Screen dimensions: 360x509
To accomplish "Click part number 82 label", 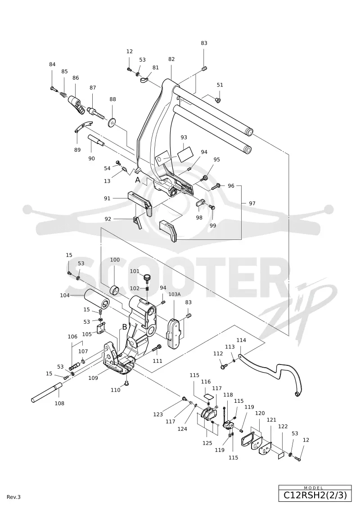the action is [x=171, y=59].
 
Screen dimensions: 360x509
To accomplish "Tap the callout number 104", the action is [x=65, y=295].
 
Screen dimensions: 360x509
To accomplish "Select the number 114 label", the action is [x=241, y=340].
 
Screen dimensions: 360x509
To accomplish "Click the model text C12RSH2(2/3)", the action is [x=315, y=495].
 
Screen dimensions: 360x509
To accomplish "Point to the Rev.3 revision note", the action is [x=13, y=497].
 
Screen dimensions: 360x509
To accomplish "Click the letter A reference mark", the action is [x=138, y=180].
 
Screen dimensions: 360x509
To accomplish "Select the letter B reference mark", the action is [x=124, y=327].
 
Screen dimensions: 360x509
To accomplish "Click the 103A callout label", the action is [x=174, y=294].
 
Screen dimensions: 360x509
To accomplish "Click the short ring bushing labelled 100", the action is [x=115, y=289].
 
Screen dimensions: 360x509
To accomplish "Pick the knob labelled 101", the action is [x=148, y=278].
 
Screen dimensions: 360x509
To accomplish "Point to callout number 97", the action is [x=252, y=203].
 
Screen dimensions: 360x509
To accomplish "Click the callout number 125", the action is [x=207, y=443].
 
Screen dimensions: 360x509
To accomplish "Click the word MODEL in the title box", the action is [x=313, y=488].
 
